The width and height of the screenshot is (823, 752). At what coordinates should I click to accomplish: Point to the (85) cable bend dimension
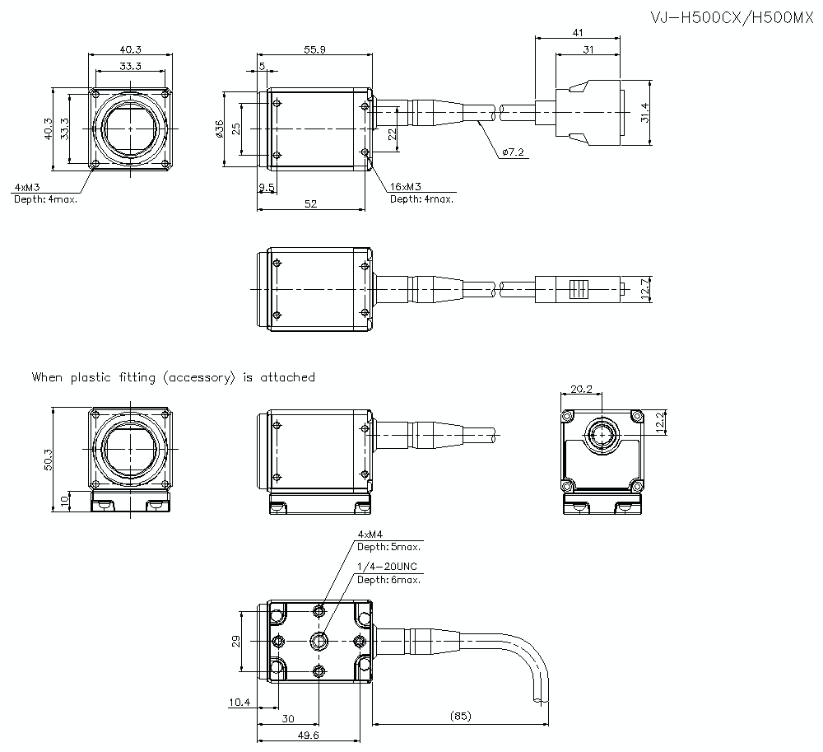461,716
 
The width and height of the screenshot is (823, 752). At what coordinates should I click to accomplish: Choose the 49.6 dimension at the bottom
309,735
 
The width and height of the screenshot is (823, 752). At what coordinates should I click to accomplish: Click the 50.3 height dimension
48,460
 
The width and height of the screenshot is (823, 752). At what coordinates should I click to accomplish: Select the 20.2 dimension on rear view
581,389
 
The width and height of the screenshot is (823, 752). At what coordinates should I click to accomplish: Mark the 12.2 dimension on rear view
660,422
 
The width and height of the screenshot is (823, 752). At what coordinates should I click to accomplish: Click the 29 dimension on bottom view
235,641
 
